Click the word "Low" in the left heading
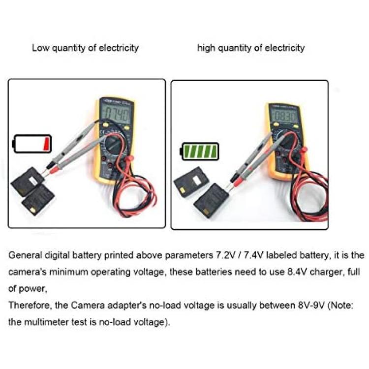coord(41,48)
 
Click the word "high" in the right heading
coord(206,48)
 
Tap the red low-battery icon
coord(32,144)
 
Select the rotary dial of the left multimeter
coord(114,144)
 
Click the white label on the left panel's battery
coord(32,181)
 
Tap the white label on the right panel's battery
coord(195,181)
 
